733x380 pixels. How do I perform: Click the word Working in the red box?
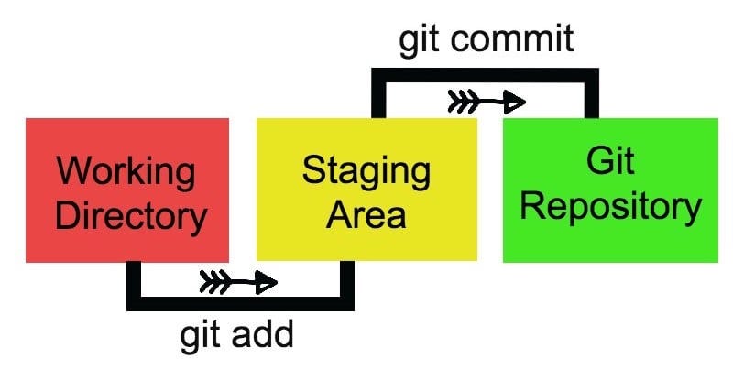126,171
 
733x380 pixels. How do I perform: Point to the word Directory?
127,217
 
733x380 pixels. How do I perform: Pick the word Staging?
366,171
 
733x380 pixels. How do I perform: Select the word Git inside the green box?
610,162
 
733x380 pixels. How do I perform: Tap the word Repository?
610,207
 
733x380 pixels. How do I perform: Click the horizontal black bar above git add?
240,303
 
